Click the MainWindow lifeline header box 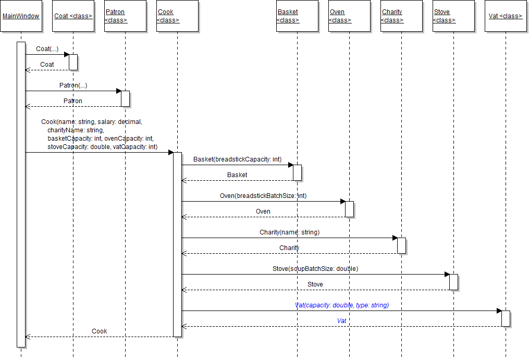(21, 16)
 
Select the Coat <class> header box (73, 16)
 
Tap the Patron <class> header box (125, 16)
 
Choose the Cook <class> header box (177, 16)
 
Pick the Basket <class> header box (297, 16)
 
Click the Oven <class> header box (349, 16)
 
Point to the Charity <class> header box (401, 16)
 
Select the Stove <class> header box (453, 16)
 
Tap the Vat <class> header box (506, 16)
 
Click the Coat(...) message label (47, 49)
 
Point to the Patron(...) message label (73, 85)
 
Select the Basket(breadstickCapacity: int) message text (237, 159)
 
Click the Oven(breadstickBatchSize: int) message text (263, 196)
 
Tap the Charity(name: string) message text (289, 232)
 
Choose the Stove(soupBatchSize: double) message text (315, 269)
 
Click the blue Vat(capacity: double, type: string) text (342, 305)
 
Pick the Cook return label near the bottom (99, 331)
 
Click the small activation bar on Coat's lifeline (73, 62)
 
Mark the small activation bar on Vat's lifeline (506, 318)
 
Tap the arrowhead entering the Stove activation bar (447, 274)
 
